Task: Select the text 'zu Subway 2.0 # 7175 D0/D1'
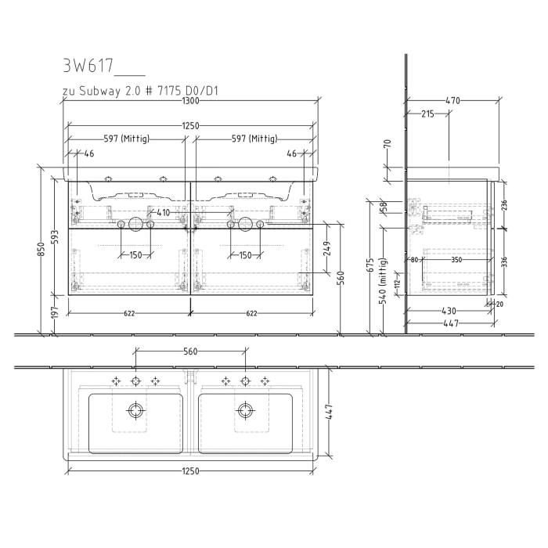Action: click(140, 91)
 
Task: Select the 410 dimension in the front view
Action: click(163, 212)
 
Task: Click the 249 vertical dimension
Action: click(327, 247)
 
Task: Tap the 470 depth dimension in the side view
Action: click(452, 100)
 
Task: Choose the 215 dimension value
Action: click(427, 114)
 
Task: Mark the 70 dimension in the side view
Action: click(388, 144)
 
